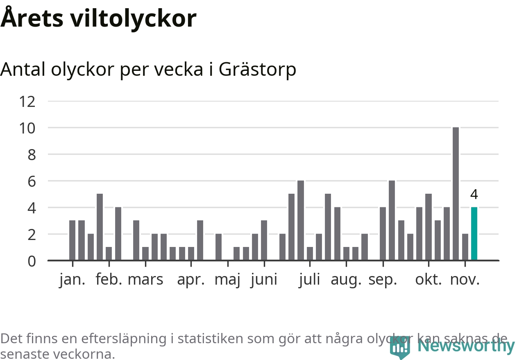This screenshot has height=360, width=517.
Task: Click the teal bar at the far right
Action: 474,233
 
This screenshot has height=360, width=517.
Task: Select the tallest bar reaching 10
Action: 456,194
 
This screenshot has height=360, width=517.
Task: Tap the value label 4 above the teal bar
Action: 474,194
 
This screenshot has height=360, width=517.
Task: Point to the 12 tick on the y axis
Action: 27,101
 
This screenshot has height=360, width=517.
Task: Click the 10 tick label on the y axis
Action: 27,128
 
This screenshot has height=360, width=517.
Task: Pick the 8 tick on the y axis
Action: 31,155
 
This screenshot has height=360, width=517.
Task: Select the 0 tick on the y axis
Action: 31,261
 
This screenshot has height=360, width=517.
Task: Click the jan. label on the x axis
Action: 72,280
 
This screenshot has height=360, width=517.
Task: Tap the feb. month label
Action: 109,280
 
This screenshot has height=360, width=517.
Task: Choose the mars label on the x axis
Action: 145,280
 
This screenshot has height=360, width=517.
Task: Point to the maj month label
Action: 227,281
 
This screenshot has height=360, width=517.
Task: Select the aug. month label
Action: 346,281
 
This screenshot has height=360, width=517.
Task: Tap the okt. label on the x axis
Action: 429,280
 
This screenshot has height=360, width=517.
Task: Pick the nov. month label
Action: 465,280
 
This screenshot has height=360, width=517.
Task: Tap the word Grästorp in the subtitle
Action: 257,70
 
